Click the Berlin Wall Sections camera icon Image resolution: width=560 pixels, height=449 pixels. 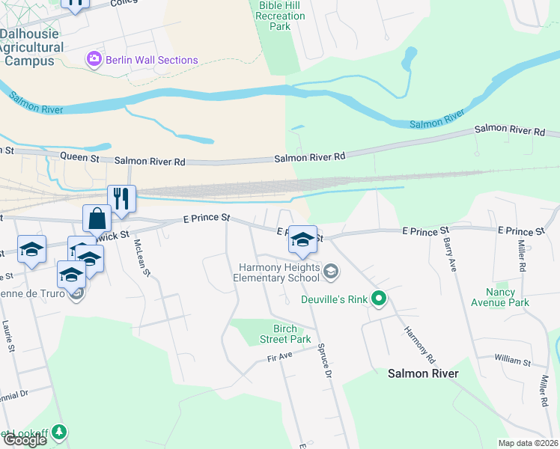(94, 59)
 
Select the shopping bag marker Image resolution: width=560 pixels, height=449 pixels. (97, 219)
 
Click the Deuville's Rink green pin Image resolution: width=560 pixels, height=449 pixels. (379, 300)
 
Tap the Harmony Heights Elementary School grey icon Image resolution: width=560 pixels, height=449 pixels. (329, 273)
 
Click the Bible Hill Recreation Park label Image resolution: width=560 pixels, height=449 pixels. (280, 16)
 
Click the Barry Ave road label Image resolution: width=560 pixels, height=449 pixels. (451, 254)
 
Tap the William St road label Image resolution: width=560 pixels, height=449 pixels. (512, 360)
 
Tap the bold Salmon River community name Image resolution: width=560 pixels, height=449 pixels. (422, 373)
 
